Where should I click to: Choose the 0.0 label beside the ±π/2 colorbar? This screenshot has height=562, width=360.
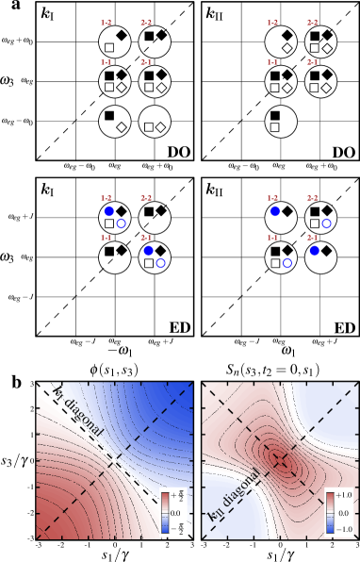pos(176,512)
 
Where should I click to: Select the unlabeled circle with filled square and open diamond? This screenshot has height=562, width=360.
pos(114,121)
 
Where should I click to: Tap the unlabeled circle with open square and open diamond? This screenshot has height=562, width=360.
pos(155,122)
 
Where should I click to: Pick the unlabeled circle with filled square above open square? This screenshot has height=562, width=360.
pos(280,121)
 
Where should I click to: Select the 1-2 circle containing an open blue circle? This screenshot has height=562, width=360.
pos(114,218)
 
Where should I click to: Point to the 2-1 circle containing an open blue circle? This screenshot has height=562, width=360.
pos(155,257)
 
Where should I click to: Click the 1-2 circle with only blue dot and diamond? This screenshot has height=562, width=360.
pos(280,218)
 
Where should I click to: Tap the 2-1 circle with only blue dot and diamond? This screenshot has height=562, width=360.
pos(320,257)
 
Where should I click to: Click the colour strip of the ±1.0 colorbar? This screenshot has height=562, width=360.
pos(329,512)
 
